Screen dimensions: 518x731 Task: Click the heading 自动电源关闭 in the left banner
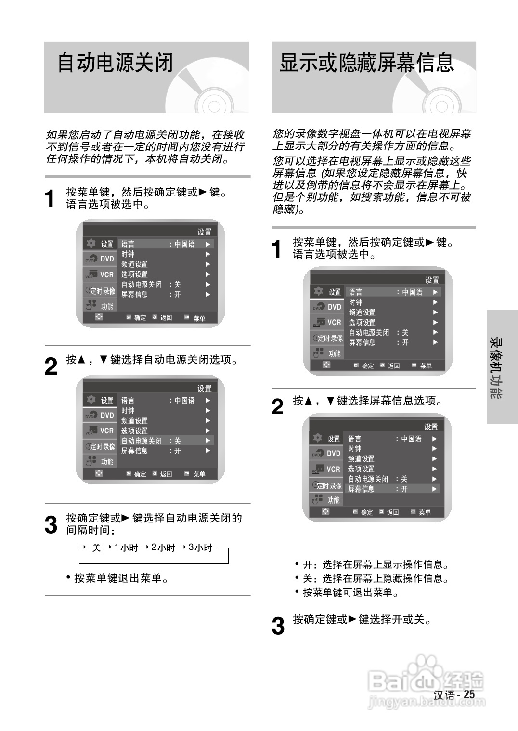115,63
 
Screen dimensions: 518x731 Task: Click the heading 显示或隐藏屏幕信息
366,63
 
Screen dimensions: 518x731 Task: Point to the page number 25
469,694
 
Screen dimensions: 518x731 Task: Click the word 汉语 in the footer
444,695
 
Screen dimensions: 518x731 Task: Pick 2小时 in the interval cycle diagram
163,548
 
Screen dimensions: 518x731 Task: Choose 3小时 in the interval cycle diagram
200,548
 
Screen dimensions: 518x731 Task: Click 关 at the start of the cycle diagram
96,548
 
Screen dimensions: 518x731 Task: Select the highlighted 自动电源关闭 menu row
166,441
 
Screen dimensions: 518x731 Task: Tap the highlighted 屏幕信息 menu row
392,489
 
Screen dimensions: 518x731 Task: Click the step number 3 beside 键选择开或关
278,626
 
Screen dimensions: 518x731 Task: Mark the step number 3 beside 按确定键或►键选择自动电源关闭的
51,525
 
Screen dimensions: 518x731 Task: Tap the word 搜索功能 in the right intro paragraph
383,197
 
